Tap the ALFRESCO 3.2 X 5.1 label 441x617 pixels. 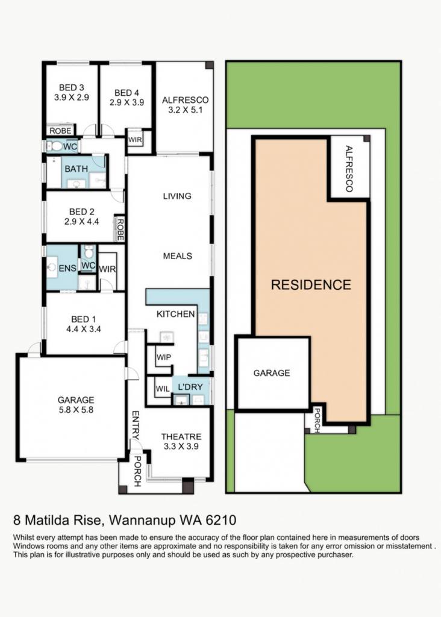tap(186, 105)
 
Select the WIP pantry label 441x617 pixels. tap(164, 357)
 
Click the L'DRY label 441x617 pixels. tap(190, 387)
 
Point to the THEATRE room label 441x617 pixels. tap(181, 437)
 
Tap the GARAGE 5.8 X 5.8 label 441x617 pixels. tap(76, 405)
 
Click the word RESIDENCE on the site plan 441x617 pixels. tap(311, 285)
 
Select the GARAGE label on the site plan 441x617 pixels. tap(272, 373)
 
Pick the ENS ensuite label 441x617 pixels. tap(67, 268)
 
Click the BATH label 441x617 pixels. tap(77, 169)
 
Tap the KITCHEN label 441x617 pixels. tap(175, 314)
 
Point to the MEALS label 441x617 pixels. tap(177, 256)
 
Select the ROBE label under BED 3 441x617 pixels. tap(61, 131)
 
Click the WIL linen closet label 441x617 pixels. tap(163, 389)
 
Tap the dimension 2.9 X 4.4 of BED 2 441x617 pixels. tap(82, 222)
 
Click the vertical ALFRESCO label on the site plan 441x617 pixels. tap(349, 169)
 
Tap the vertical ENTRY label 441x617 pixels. tap(136, 425)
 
